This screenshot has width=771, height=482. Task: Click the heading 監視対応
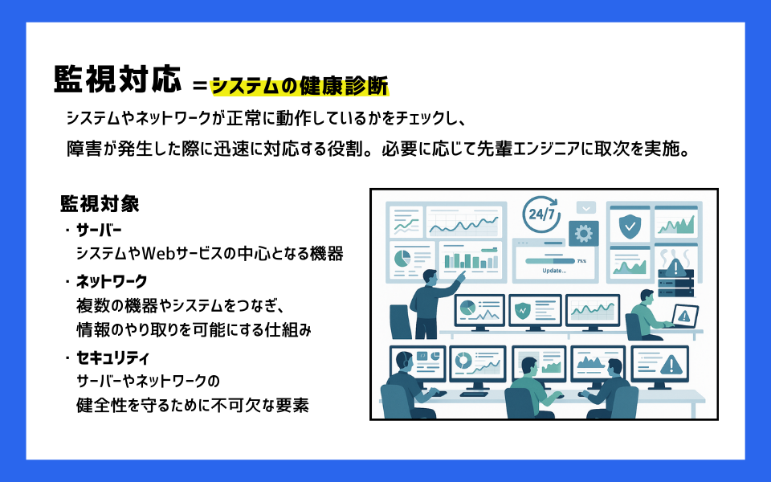point(116,80)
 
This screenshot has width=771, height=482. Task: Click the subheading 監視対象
point(100,203)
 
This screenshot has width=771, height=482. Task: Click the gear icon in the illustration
point(584,233)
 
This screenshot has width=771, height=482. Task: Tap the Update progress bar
point(549,260)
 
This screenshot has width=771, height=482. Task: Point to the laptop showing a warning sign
point(683,316)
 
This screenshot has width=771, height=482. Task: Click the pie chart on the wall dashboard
point(401,258)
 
